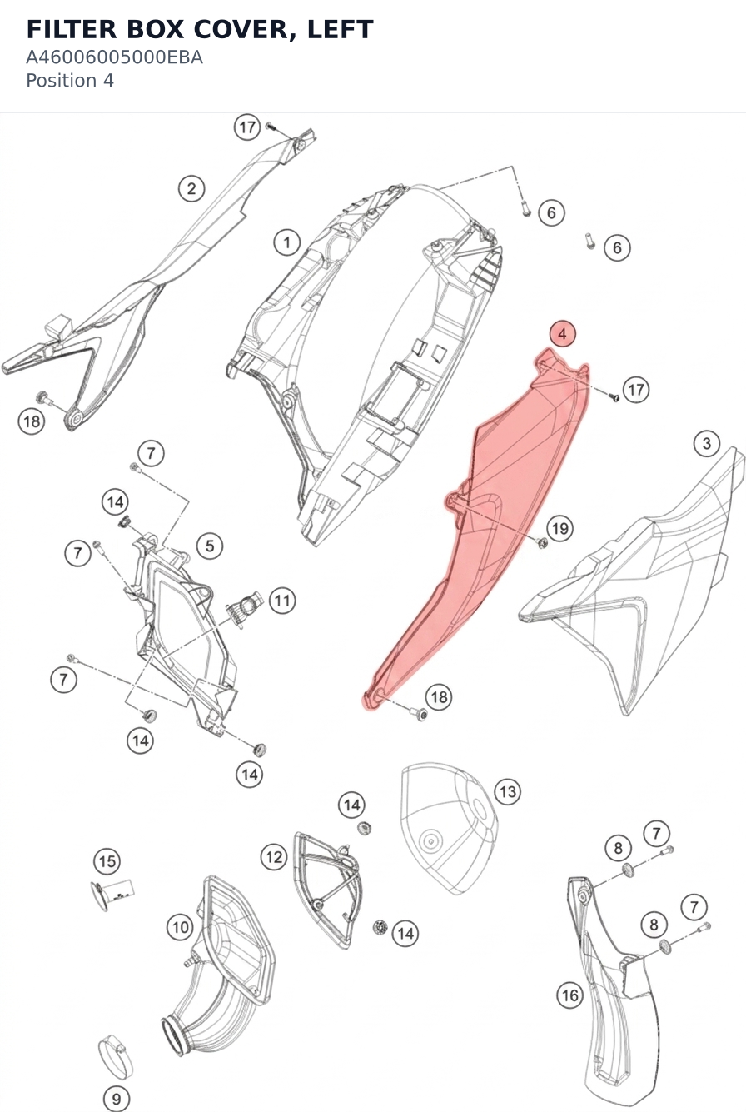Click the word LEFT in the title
coord(340,29)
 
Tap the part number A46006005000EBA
coord(114,57)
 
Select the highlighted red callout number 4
coord(562,333)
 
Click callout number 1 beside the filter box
coord(287,242)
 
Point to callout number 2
coord(191,188)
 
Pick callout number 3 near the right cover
coord(707,443)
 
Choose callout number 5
coord(210,546)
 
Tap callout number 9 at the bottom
coord(117,1099)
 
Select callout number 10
coord(180,927)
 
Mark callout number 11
coord(282,601)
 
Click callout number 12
coord(274,857)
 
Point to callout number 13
coord(508,791)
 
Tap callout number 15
coord(107,861)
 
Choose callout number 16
coord(569,995)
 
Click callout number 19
coord(559,528)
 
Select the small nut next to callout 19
coord(542,542)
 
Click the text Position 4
coord(70,81)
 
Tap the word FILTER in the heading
coord(72,29)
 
